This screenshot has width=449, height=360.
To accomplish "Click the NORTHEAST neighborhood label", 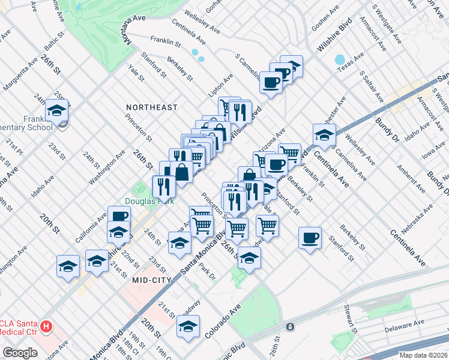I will click(151, 107).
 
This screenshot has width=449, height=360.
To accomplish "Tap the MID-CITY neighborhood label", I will click(151, 280).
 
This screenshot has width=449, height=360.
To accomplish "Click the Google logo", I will click(20, 353).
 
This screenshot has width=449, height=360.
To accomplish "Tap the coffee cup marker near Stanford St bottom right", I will click(310, 238).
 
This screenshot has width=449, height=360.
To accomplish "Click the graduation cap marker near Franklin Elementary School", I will click(56, 110).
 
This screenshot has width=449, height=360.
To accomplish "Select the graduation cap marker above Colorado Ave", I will click(188, 326).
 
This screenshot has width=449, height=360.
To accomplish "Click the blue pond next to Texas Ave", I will click(340, 60).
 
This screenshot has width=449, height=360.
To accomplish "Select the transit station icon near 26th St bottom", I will click(290, 327).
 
